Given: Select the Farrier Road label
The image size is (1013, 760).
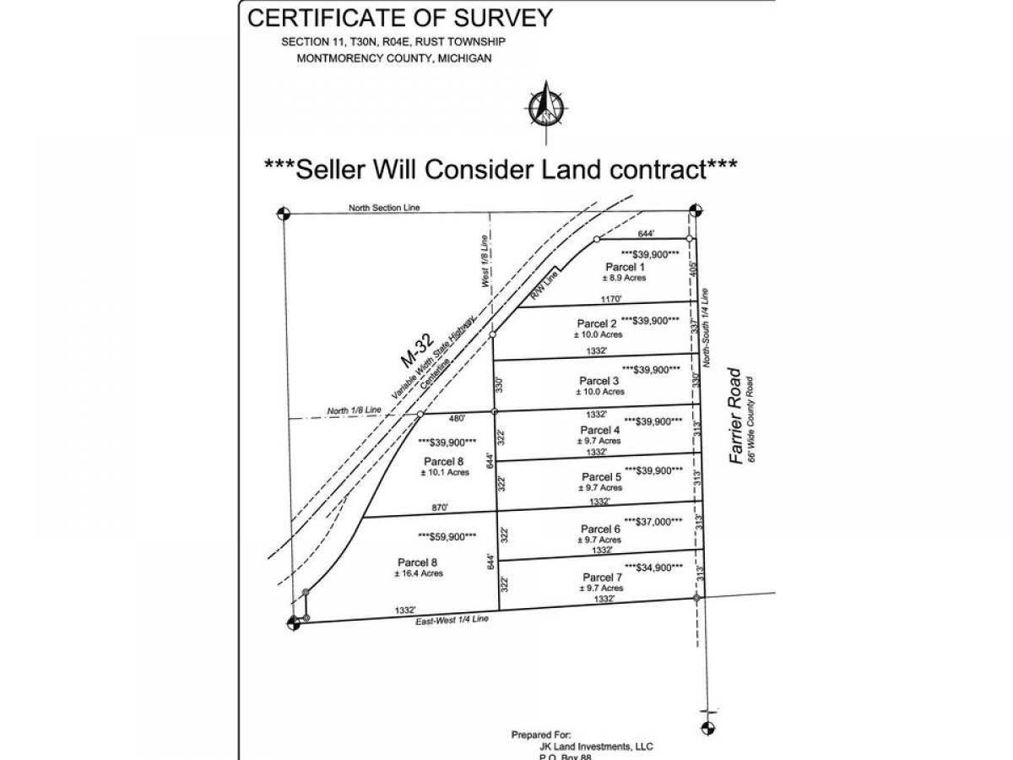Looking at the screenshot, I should (736, 415).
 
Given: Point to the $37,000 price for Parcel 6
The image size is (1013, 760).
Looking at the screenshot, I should (653, 522).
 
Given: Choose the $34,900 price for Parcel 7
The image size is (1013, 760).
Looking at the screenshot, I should (653, 567).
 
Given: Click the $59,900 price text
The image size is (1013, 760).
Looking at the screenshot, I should (447, 536).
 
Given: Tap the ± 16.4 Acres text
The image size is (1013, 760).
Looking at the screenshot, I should (418, 573).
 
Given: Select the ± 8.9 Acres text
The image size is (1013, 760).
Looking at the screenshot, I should (624, 278).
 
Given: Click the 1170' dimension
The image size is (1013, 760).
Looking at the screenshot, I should (611, 298).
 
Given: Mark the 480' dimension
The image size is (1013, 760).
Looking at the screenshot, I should (457, 416).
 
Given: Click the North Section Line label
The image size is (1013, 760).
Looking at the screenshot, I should (384, 207).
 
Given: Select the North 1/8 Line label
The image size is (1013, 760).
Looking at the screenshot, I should (355, 410).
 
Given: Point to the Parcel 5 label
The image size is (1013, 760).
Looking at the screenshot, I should (601, 477).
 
